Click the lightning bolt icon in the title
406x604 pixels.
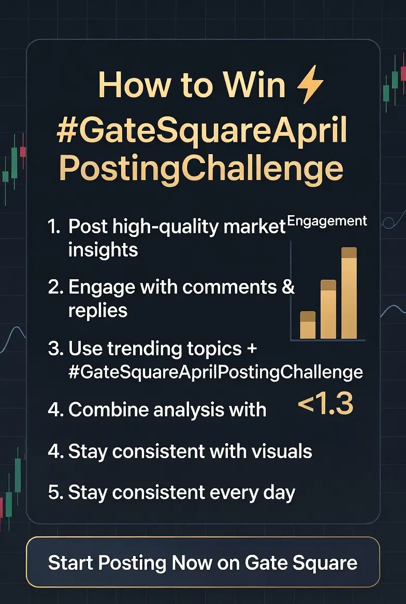(x=310, y=84)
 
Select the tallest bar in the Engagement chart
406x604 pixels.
(x=349, y=293)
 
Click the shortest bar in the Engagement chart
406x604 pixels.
(x=308, y=325)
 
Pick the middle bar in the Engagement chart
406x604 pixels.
(x=328, y=309)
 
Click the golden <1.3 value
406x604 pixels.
(x=326, y=404)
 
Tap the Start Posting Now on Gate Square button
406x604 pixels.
(x=203, y=562)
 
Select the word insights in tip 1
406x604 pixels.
(x=103, y=250)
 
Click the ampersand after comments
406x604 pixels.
(x=288, y=287)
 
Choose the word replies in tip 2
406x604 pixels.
(x=98, y=310)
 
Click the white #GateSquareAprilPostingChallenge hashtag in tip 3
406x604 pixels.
(x=215, y=372)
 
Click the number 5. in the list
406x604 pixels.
(x=55, y=492)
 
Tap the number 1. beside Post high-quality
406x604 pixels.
(x=54, y=227)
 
